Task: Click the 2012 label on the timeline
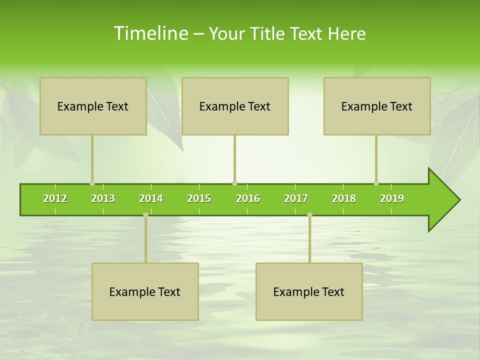coord(55,198)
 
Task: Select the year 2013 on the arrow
coord(103,198)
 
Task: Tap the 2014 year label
coord(151,198)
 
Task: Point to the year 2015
coord(199,198)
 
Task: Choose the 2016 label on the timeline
coord(248,198)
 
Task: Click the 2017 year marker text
coord(296,198)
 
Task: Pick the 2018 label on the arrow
coord(344,198)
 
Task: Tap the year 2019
coord(392,198)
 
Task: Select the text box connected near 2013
coord(93,106)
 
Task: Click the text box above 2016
coord(235,106)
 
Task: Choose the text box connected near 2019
coord(377,106)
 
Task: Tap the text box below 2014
coord(145,291)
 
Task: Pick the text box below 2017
coord(309,291)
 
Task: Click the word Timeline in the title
coord(150,33)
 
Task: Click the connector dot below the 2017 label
coord(309,214)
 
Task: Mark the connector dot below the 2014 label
coord(145,214)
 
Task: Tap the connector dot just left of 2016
coord(234,183)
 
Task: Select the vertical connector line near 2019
coord(376,157)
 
